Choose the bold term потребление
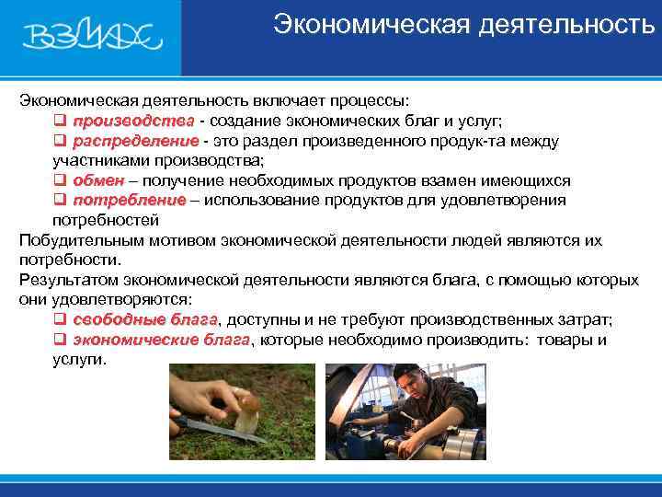click(130, 201)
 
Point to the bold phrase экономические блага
click(161, 340)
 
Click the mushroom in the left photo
click(246, 419)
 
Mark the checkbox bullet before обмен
click(58, 181)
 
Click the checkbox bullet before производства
click(58, 122)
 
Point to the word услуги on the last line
click(78, 359)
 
